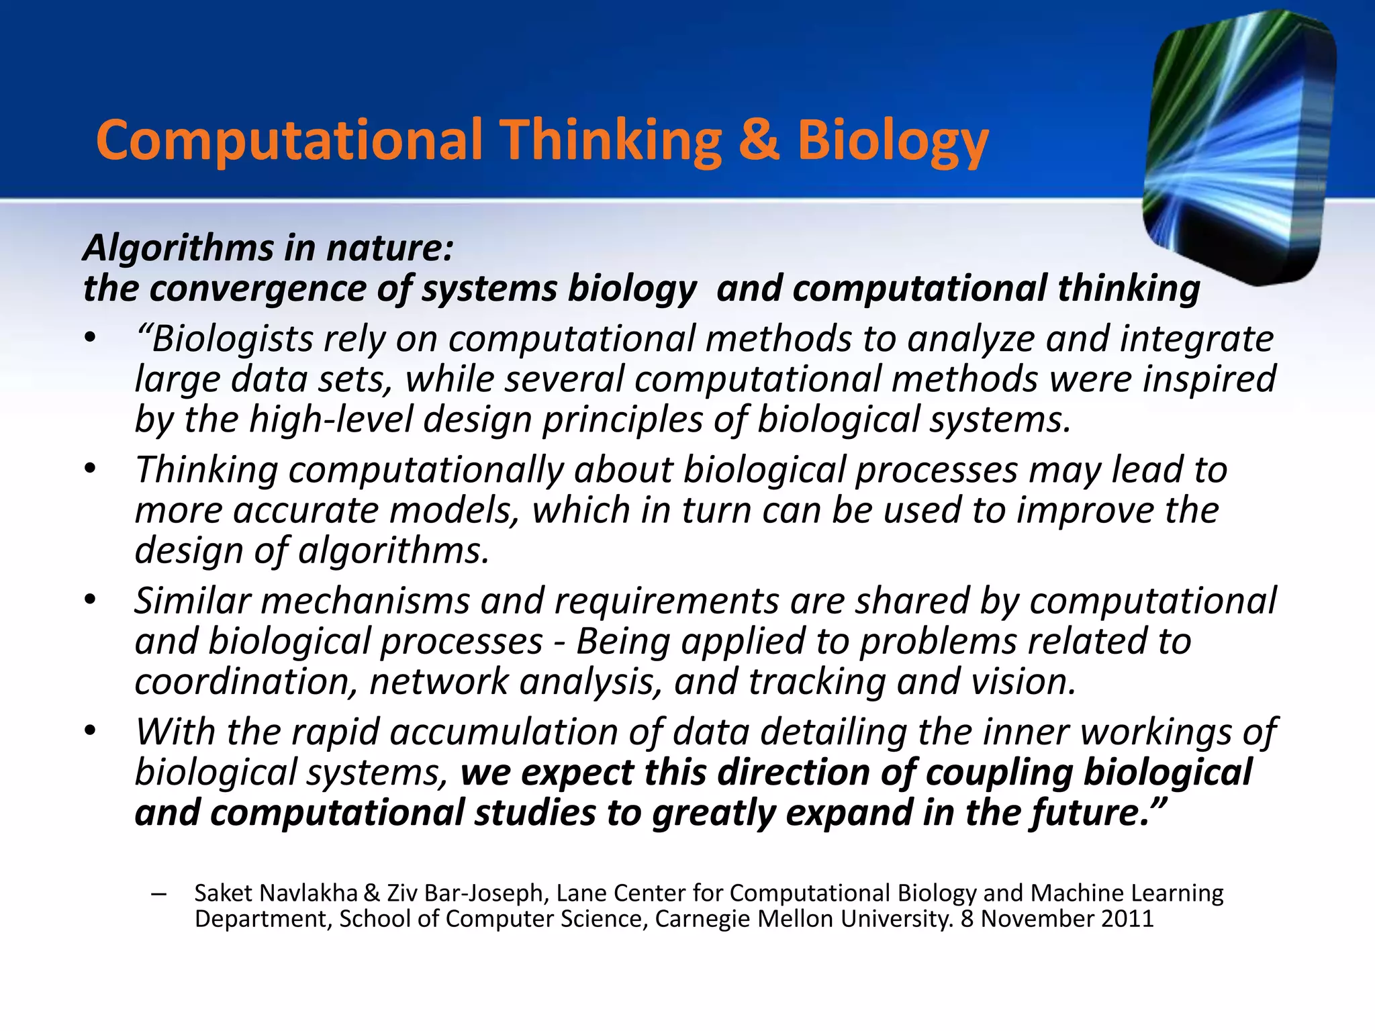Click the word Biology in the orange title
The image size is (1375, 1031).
tap(893, 142)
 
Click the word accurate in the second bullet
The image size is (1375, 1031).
tap(306, 511)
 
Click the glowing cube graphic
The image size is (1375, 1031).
tap(1239, 148)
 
